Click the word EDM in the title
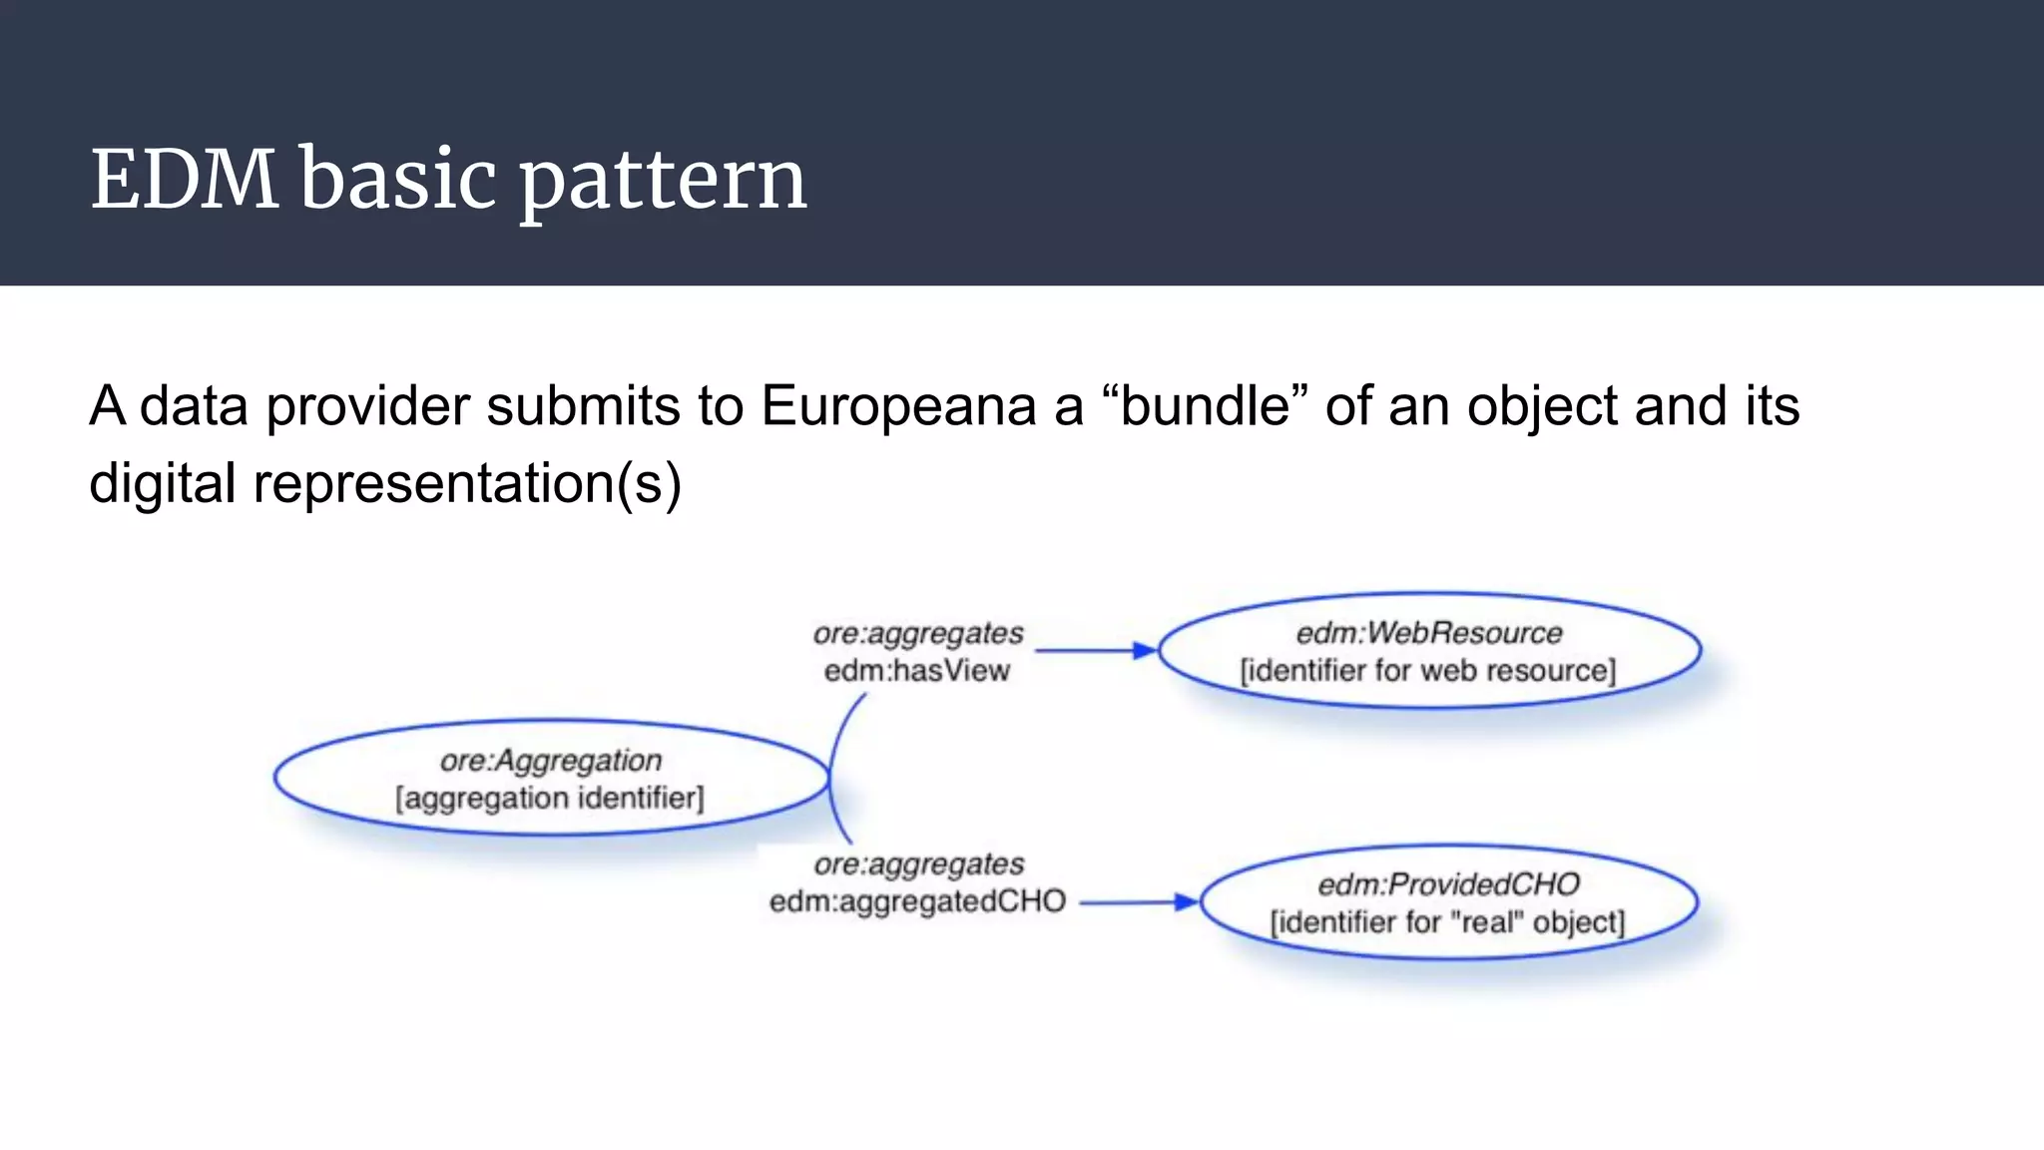point(185,180)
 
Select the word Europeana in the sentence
point(898,407)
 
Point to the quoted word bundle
point(1205,405)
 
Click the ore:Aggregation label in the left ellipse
point(551,761)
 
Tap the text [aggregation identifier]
point(550,799)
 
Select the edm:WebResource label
point(1429,633)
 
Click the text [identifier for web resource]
point(1428,671)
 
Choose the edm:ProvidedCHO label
point(1448,884)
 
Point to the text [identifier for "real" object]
point(1447,922)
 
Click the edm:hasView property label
point(916,671)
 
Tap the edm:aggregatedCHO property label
point(917,902)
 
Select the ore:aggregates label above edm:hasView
point(918,634)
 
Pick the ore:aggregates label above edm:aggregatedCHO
point(918,864)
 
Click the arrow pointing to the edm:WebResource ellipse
point(1096,651)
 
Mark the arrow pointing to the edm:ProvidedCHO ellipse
point(1139,902)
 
